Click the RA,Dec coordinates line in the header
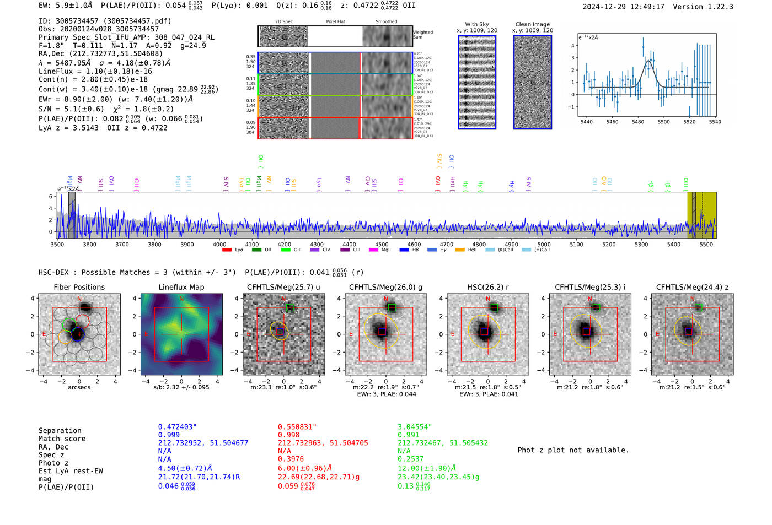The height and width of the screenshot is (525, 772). tap(100, 53)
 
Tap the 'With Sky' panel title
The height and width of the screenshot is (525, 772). tap(476, 24)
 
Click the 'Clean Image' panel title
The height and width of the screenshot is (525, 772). tap(532, 24)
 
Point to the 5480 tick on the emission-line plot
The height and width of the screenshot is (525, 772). tap(637, 122)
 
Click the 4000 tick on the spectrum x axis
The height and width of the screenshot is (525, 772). tap(219, 244)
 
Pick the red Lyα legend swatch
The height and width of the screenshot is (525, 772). tap(227, 250)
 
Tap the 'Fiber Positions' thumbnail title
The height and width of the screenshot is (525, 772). tap(79, 287)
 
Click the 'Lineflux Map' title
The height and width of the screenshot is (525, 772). tap(181, 287)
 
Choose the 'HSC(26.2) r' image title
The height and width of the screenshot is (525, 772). tap(487, 287)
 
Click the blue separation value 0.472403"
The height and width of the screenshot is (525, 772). tap(177, 427)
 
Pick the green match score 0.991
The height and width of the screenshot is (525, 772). tap(408, 435)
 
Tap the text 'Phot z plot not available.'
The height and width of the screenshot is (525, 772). tap(573, 450)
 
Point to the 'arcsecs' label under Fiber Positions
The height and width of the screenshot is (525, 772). tap(79, 387)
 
